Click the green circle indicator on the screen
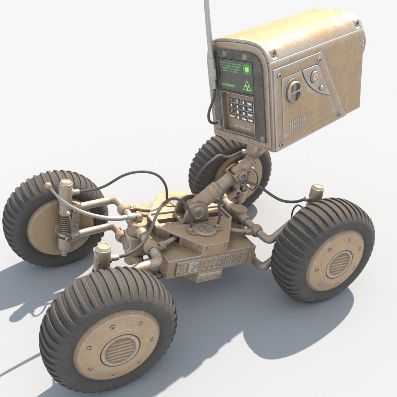click(x=247, y=69)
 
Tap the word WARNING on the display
click(x=228, y=85)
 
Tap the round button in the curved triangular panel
click(x=315, y=76)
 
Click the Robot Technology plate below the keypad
click(x=242, y=128)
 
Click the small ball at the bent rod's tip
click(x=48, y=185)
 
